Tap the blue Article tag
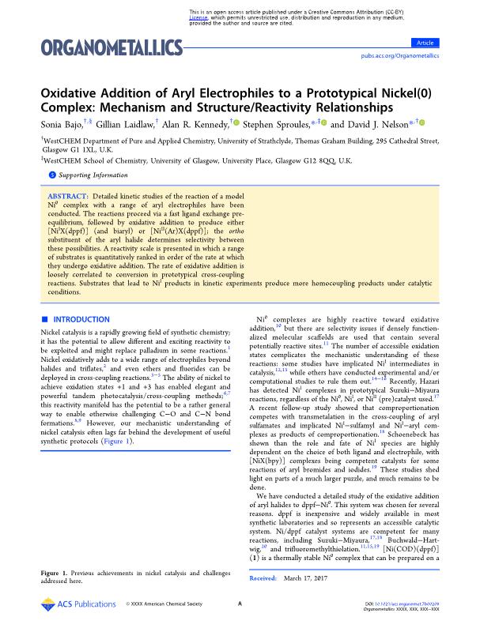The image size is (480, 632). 427,42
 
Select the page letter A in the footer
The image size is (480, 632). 239,604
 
